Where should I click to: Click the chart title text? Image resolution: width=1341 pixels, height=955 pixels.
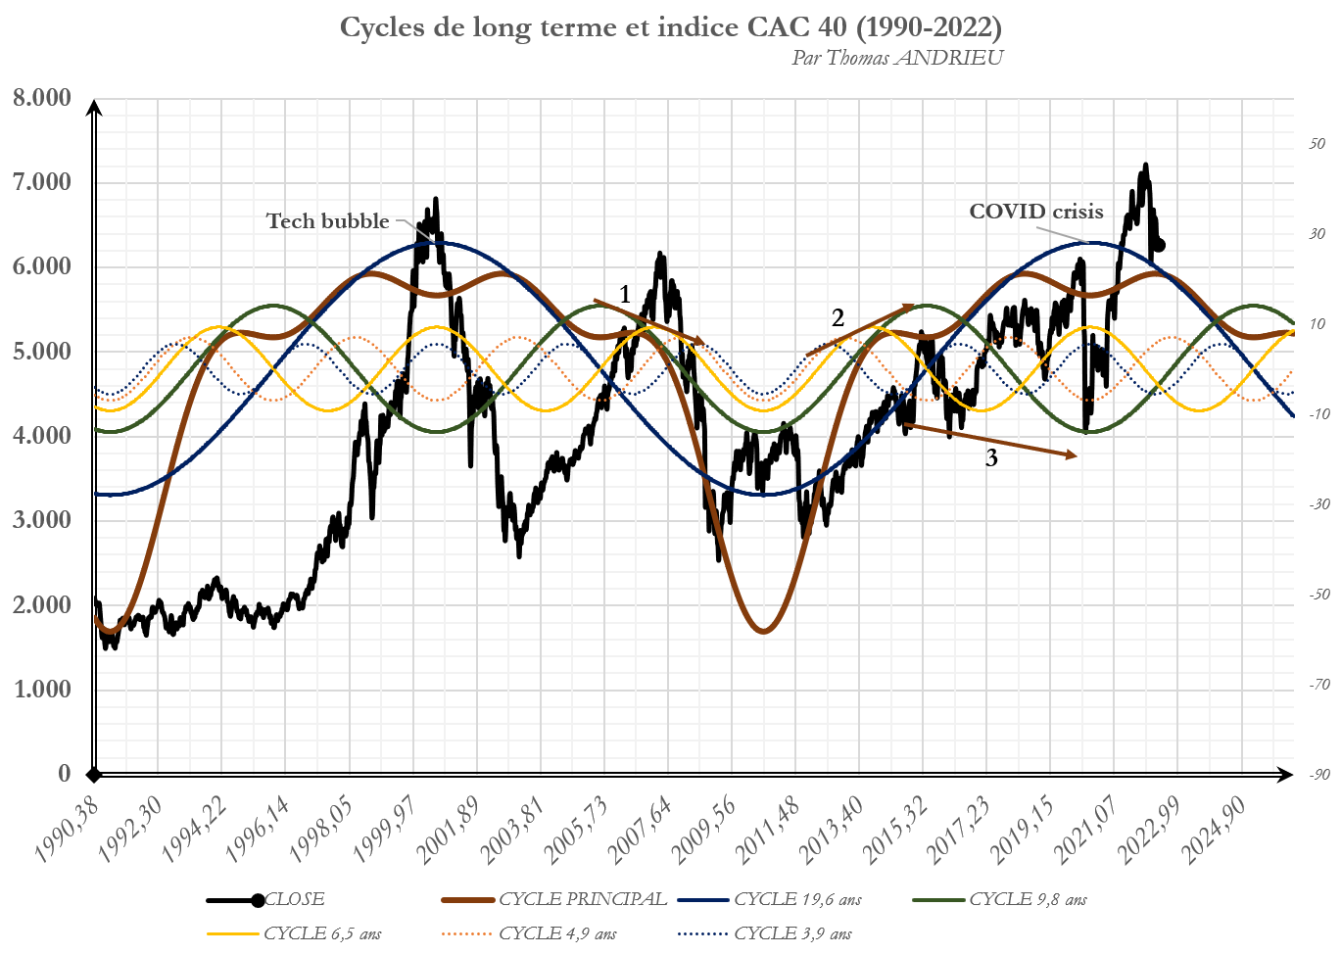pyautogui.click(x=670, y=26)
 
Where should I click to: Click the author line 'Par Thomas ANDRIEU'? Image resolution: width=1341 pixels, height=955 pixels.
pyautogui.click(x=897, y=58)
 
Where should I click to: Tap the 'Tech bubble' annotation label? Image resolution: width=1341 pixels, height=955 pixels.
pyautogui.click(x=328, y=221)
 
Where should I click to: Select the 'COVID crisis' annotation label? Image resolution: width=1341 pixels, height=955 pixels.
pyautogui.click(x=1035, y=212)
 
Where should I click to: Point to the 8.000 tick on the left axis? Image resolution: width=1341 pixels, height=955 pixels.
pyautogui.click(x=42, y=97)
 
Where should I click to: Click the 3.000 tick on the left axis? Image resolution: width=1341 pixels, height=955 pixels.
pyautogui.click(x=42, y=520)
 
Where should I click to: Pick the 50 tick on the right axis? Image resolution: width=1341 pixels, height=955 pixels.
pyautogui.click(x=1317, y=144)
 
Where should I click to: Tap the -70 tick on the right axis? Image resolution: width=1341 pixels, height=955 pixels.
pyautogui.click(x=1319, y=685)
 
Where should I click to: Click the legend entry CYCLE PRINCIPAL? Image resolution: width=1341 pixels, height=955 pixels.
pyautogui.click(x=582, y=899)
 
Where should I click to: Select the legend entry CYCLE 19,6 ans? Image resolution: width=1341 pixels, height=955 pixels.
pyautogui.click(x=797, y=899)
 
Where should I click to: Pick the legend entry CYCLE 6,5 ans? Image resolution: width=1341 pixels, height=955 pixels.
pyautogui.click(x=322, y=933)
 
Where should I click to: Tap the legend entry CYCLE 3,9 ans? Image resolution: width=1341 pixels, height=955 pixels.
pyautogui.click(x=792, y=933)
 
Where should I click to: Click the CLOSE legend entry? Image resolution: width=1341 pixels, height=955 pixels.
pyautogui.click(x=294, y=899)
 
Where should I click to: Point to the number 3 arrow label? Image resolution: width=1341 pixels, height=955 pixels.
pyautogui.click(x=991, y=458)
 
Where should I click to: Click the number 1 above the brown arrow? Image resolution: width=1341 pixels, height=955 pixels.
pyautogui.click(x=625, y=294)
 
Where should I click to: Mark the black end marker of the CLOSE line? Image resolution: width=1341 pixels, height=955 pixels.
pyautogui.click(x=1160, y=245)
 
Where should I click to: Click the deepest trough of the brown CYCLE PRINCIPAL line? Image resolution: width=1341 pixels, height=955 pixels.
pyautogui.click(x=763, y=632)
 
